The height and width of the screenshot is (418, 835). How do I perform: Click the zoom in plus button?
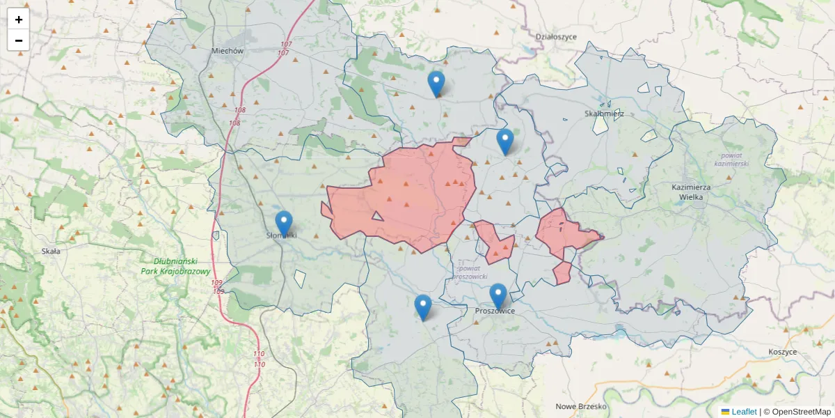click(x=19, y=20)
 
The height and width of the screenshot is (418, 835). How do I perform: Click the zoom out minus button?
click(x=19, y=40)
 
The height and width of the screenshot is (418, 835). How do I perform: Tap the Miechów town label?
click(x=228, y=51)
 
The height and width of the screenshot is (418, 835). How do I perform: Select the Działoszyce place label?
click(x=557, y=37)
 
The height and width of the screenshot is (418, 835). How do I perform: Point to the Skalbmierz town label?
click(x=604, y=114)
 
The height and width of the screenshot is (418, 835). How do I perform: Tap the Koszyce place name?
click(x=783, y=353)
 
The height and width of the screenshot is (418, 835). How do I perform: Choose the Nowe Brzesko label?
click(x=582, y=406)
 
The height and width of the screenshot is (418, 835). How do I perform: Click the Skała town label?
click(x=51, y=251)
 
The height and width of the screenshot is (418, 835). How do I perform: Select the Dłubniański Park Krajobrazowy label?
click(x=175, y=266)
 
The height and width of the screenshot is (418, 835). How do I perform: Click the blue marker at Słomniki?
click(x=284, y=223)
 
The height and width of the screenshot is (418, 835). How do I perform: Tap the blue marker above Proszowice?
click(x=498, y=295)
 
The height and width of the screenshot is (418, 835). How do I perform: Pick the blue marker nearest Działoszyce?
click(x=436, y=84)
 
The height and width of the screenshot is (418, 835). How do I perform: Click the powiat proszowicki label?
click(x=469, y=272)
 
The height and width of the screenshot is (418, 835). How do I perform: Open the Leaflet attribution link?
click(x=743, y=412)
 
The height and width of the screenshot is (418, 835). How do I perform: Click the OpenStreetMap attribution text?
click(x=797, y=412)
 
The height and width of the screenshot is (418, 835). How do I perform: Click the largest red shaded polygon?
click(x=411, y=195)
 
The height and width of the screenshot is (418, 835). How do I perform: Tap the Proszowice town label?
click(x=495, y=311)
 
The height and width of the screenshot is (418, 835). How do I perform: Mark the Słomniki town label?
click(x=282, y=235)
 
